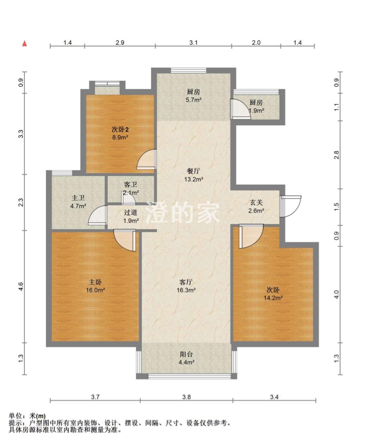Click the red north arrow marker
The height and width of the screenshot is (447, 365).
tap(25, 43)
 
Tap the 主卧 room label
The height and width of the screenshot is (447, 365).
tap(95, 282)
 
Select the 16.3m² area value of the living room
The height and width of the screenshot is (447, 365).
tap(186, 290)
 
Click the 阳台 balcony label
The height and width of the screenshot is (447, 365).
tap(186, 354)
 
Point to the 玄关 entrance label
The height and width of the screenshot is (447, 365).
tap(256, 203)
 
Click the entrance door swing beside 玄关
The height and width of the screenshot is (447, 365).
tap(290, 206)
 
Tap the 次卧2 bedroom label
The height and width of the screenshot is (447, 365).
tap(120, 130)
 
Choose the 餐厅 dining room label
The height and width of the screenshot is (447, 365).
tap(193, 171)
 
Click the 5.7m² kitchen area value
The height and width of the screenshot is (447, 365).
tap(193, 100)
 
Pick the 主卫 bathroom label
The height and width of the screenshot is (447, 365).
tap(78, 198)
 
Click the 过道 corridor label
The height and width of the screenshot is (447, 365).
tap(131, 213)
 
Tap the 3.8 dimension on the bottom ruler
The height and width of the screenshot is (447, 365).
tap(186, 397)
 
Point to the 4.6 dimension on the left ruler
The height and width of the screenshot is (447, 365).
tap(20, 287)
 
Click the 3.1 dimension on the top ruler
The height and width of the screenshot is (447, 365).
tap(193, 42)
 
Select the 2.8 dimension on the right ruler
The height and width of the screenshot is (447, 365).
tap(337, 155)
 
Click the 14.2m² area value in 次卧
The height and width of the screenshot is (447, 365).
tap(273, 298)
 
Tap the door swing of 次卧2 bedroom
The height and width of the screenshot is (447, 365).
tap(147, 160)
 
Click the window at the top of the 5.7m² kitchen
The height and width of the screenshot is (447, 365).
tap(188, 70)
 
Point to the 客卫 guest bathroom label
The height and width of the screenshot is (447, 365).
tap(131, 184)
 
